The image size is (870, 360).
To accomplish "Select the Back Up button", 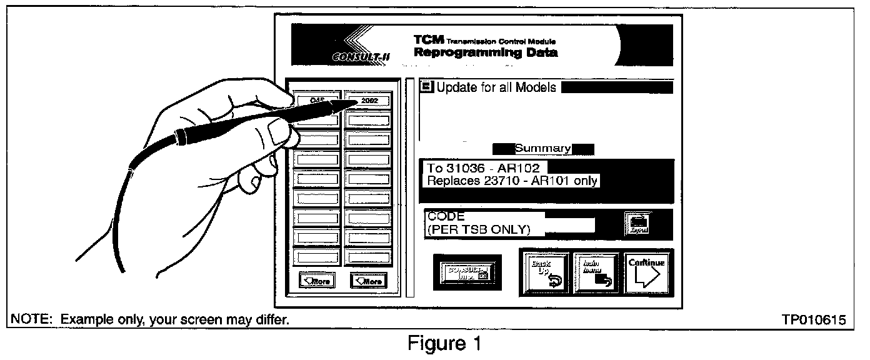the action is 546,272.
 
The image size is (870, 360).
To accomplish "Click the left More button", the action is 316,281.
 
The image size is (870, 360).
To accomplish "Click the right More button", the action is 368,281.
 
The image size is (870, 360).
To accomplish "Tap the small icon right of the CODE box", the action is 637,224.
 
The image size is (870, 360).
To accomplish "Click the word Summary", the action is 542,149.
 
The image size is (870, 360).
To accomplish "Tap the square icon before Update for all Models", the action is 427,87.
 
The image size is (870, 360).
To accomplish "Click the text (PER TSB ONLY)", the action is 478,230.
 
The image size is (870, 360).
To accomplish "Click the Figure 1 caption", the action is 444,344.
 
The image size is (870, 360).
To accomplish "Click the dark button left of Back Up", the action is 467,271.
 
